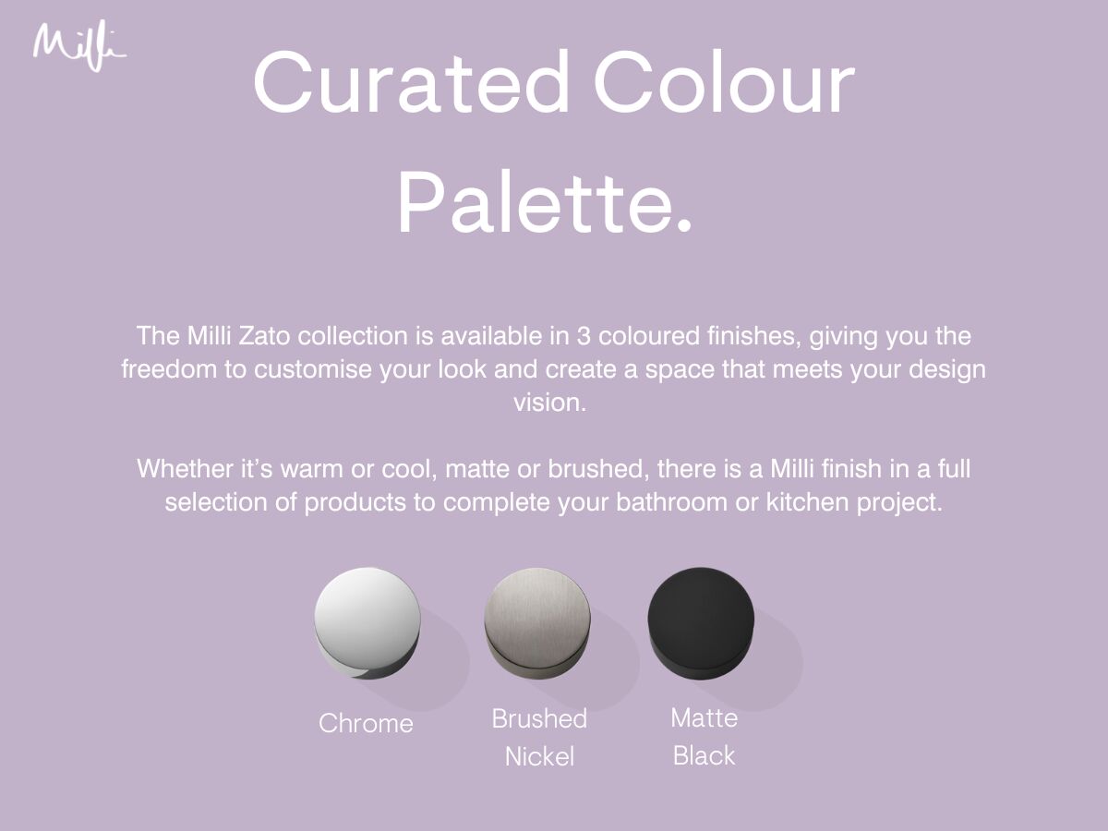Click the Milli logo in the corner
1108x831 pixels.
79,46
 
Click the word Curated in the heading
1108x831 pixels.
412,82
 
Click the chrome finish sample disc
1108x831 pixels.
367,623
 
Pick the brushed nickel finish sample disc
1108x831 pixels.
537,623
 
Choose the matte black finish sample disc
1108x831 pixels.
701,623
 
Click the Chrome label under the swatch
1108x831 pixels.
366,724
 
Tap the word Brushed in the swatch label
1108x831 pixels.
539,718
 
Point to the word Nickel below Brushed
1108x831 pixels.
539,756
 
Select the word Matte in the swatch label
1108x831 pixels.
705,718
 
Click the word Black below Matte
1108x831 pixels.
705,756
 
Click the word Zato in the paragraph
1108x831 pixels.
264,336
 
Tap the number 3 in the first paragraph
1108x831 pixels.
584,336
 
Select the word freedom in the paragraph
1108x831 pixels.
169,369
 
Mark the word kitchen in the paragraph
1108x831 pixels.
808,502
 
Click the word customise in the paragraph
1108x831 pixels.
313,369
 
